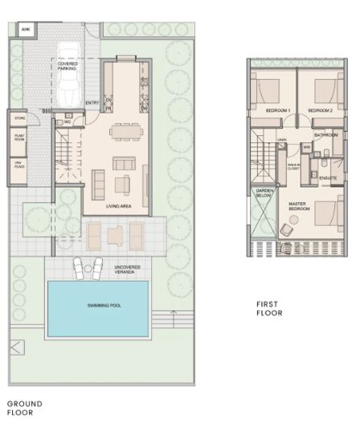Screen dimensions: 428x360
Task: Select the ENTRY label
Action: pos(92,102)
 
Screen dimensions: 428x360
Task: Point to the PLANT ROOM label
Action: pos(16,139)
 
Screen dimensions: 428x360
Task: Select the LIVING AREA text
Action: pos(118,206)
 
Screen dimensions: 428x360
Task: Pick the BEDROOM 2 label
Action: pos(320,109)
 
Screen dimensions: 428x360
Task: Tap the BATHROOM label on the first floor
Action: pos(326,135)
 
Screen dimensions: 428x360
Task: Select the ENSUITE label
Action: pos(328,177)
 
